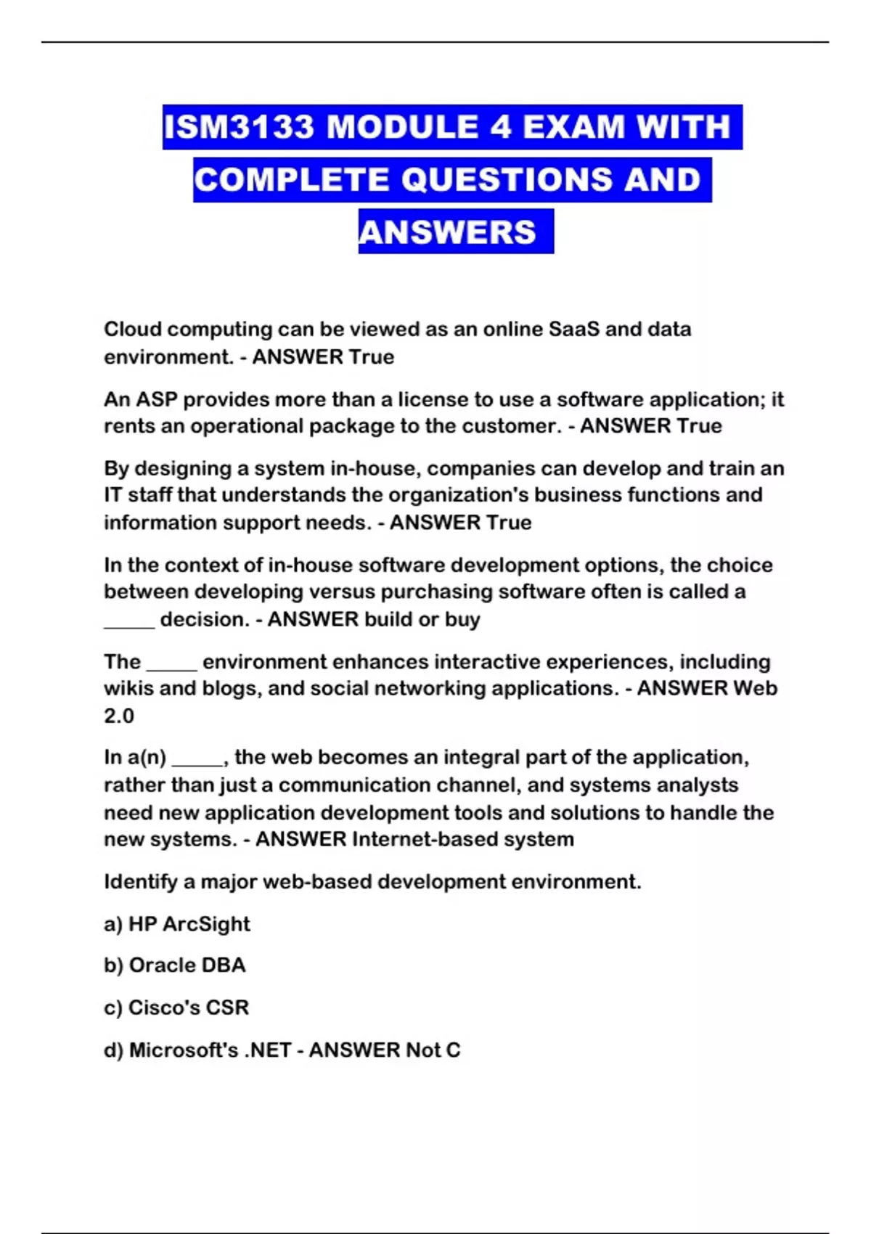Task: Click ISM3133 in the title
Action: [x=240, y=127]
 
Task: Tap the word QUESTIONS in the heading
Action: [x=507, y=180]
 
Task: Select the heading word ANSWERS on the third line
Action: [x=448, y=232]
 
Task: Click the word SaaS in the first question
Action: [x=573, y=330]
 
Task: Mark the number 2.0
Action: [x=119, y=716]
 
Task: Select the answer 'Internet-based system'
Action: [x=463, y=839]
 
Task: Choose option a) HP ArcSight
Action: [x=177, y=924]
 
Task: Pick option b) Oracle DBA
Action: [x=175, y=965]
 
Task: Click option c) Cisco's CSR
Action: [x=176, y=1008]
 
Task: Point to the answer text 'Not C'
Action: [x=433, y=1050]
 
